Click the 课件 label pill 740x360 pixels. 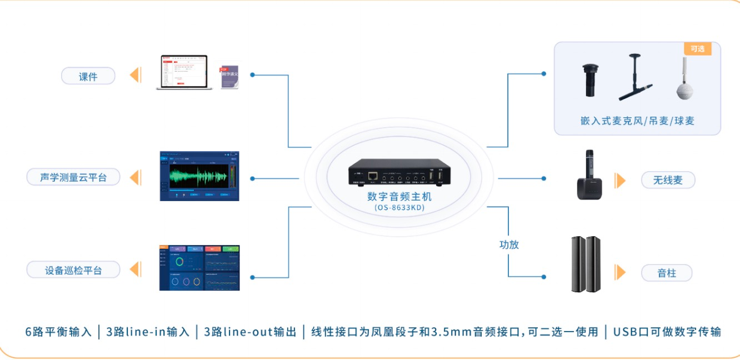(x=88, y=76)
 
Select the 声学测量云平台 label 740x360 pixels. (x=73, y=177)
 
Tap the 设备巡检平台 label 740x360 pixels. (x=73, y=270)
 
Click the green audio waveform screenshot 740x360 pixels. (x=199, y=176)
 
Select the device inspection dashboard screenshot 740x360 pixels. (x=199, y=268)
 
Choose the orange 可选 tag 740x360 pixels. (x=697, y=49)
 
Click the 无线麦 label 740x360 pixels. (x=668, y=180)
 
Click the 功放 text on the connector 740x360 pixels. (x=509, y=244)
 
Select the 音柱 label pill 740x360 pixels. (x=667, y=273)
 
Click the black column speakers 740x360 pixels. (x=586, y=264)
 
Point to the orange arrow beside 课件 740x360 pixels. (x=135, y=75)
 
